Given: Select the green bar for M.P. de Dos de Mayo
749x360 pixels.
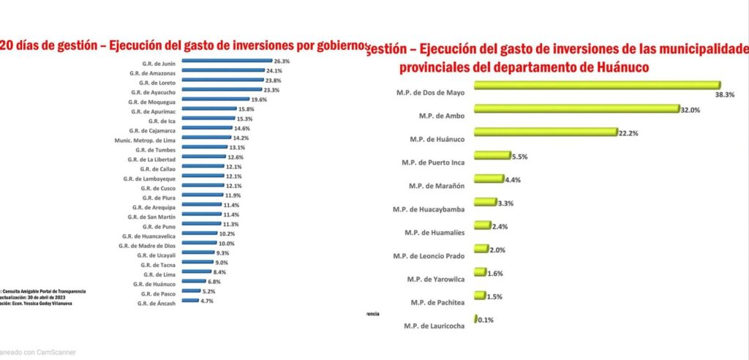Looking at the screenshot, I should (596, 86).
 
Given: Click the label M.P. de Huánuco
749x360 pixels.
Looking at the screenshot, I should (431, 137).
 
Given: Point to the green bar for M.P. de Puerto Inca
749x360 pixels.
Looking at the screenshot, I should (492, 155).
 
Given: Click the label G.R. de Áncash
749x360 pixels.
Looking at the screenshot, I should (156, 302).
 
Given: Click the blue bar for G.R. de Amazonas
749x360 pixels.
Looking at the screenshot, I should (222, 72).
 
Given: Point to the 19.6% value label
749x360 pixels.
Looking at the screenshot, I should (259, 100).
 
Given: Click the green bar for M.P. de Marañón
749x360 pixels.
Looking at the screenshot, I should (489, 179).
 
